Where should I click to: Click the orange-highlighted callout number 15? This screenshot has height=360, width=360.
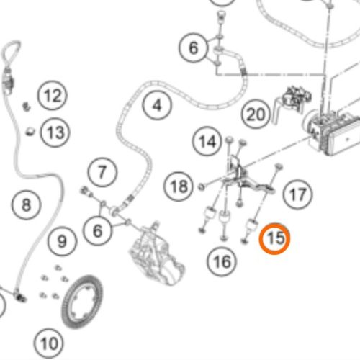tap(274, 238)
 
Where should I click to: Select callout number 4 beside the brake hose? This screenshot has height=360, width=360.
tap(157, 105)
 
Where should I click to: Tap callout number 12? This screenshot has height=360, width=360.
tap(53, 96)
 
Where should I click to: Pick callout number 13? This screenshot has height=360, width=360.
tap(55, 132)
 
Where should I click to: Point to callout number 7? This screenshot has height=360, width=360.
tap(102, 172)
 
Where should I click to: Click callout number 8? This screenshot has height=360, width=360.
tap(26, 204)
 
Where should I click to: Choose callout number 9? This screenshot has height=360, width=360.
tap(62, 241)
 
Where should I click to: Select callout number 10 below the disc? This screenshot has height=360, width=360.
tap(49, 343)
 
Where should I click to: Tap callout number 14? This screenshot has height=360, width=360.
tap(207, 141)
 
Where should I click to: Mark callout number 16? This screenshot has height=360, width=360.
tap(222, 261)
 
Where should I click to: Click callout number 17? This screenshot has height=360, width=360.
tap(297, 194)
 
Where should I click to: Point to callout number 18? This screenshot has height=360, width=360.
tap(179, 186)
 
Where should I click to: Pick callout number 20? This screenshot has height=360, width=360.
tap(256, 114)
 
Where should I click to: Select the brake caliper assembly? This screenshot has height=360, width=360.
tap(157, 254)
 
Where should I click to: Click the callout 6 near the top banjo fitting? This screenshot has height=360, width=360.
tap(193, 48)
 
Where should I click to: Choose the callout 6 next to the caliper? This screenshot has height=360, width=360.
tap(97, 230)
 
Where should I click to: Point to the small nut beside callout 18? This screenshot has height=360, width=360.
tap(201, 186)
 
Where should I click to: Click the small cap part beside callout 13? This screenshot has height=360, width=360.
tap(30, 132)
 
